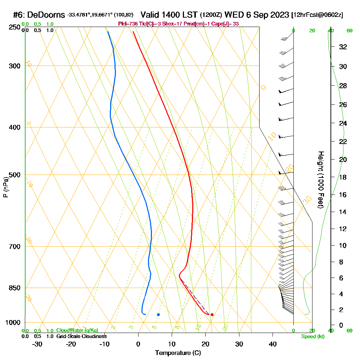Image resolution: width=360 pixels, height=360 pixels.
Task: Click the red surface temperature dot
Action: [x=212, y=315]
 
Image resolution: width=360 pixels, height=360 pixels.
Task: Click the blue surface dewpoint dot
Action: [x=158, y=315]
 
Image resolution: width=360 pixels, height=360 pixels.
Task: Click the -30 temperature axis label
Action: [x=37, y=344]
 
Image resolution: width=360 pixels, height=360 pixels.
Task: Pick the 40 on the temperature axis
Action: [x=273, y=344]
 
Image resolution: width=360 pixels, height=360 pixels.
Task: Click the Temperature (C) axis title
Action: [x=178, y=353]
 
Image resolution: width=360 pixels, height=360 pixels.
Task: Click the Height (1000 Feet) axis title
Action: [x=320, y=180]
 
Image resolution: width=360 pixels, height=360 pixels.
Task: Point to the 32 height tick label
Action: [x=343, y=47]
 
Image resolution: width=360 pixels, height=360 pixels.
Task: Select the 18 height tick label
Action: [x=343, y=177]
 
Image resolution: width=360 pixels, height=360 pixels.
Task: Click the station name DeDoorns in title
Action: [x=46, y=15]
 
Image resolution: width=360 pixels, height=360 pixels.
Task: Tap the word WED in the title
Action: [x=234, y=15]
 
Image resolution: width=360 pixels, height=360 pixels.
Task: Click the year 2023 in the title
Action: [x=279, y=15]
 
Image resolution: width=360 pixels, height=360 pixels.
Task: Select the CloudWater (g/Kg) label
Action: [x=77, y=330]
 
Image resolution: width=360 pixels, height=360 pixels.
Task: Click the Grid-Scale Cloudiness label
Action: [x=81, y=336]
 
